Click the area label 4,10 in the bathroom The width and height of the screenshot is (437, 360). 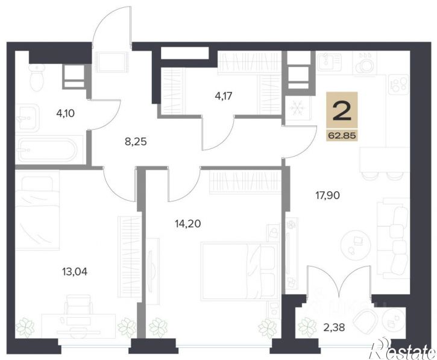(x=66, y=114)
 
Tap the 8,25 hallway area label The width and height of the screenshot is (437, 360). (x=136, y=142)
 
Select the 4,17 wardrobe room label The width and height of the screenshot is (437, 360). (x=224, y=96)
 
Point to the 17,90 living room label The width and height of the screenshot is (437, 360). (x=327, y=195)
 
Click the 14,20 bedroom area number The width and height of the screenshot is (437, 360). (x=188, y=223)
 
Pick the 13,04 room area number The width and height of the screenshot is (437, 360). (x=75, y=271)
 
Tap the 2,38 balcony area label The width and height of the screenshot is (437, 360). (x=334, y=327)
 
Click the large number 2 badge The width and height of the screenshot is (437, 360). (x=342, y=111)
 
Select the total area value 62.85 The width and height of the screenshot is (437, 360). (x=342, y=136)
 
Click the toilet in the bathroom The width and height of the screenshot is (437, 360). (x=37, y=77)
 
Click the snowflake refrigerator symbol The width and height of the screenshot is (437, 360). (x=297, y=108)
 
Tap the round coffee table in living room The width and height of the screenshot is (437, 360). (x=356, y=244)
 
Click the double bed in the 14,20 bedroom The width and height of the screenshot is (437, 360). (x=241, y=271)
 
